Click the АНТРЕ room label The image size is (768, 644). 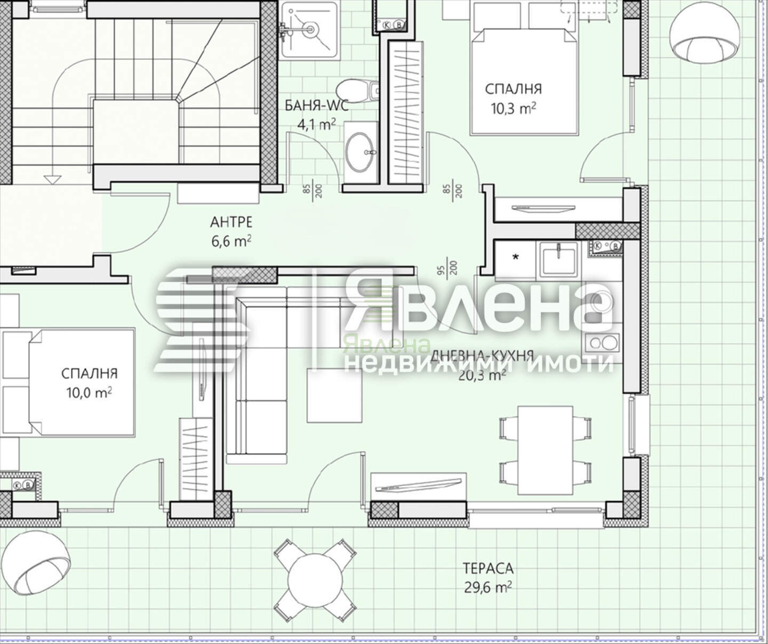coord(231,222)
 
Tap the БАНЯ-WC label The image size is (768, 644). coord(316,106)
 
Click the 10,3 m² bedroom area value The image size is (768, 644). coord(513,109)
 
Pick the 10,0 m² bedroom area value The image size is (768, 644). coord(89,393)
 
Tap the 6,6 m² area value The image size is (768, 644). coord(231,241)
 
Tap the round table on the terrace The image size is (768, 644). coord(315,579)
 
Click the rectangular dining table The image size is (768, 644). coord(545,450)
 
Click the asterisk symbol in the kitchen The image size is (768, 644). coord(516,257)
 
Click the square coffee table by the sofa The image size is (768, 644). coord(334,396)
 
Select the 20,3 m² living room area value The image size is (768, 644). coord(482,375)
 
